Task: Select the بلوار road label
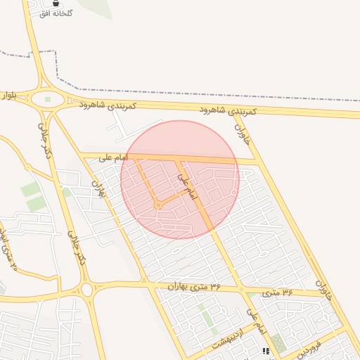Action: (8, 94)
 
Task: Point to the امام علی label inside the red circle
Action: (184, 185)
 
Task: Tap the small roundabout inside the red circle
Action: (159, 205)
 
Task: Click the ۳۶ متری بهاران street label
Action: (194, 286)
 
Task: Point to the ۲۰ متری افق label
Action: (8, 250)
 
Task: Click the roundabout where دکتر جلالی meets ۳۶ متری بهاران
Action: (86, 289)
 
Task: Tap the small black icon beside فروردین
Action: (266, 350)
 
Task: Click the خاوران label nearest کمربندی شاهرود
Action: (242, 131)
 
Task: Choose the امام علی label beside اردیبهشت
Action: (257, 321)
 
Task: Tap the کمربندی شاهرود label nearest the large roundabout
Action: (108, 104)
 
